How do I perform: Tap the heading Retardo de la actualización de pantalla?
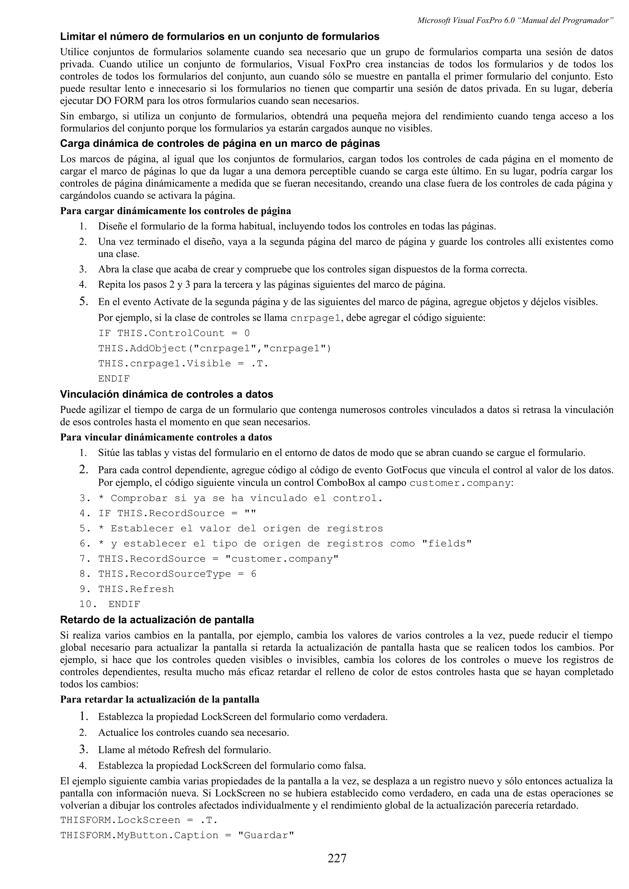point(157,620)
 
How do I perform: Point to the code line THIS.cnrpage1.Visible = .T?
point(183,364)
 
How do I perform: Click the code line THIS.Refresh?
point(136,589)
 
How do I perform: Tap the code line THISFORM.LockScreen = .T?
point(138,820)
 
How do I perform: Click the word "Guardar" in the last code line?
point(265,835)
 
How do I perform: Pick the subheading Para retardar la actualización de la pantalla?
point(160,700)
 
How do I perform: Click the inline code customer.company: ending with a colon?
point(461,483)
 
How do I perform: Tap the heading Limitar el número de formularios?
point(219,37)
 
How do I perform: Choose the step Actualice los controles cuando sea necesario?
point(193,733)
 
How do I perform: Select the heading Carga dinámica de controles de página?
point(219,144)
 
